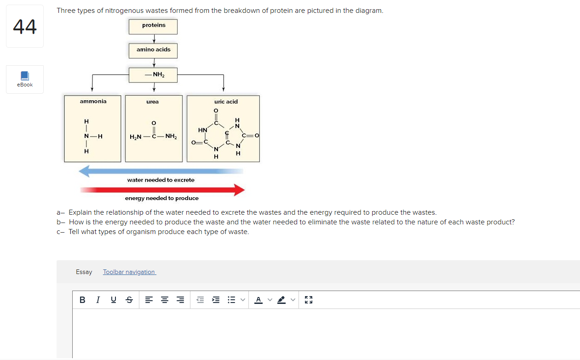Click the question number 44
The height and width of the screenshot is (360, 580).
tap(25, 27)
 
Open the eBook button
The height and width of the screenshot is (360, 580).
tap(25, 79)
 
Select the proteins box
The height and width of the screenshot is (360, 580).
tap(153, 26)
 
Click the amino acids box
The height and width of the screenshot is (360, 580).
tap(153, 50)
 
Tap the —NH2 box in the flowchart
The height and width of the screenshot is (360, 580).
tap(153, 74)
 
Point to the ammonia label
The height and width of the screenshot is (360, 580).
tap(93, 101)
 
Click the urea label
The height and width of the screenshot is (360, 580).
tap(153, 102)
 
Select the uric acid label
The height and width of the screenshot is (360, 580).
tap(226, 101)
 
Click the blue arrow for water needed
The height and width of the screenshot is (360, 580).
tap(161, 171)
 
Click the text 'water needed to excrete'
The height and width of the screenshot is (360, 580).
tap(161, 180)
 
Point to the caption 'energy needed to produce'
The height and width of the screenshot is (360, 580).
tap(162, 198)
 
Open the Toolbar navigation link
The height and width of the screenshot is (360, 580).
tap(129, 272)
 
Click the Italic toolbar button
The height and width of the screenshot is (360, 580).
tap(98, 300)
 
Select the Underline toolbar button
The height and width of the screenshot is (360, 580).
tap(113, 300)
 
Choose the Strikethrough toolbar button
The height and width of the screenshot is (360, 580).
tap(129, 300)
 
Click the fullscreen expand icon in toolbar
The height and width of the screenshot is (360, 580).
tap(309, 300)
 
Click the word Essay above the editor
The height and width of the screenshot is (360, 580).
tap(84, 272)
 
